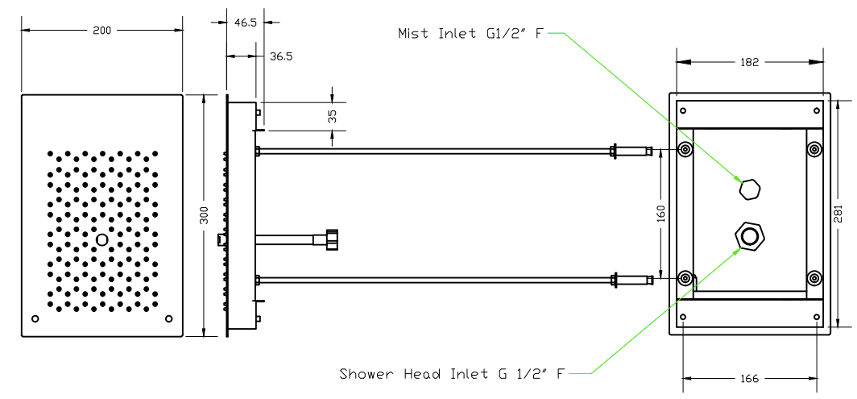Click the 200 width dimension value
pos(102,30)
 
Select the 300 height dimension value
pos(204,215)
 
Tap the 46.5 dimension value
pos(246,23)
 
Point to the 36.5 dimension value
pos(281,56)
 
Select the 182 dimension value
pos(750,62)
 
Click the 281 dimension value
pos(838,213)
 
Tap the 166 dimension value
pos(750,377)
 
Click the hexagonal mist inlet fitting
pos(750,190)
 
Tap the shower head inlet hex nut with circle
pos(750,236)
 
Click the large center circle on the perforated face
pos(101,240)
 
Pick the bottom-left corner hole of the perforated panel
pos(35,318)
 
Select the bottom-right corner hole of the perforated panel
pos(168,318)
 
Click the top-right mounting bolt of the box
pos(814,149)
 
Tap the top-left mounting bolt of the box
pos(685,149)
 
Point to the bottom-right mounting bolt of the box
pos(814,279)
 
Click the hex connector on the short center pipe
pos(330,239)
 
